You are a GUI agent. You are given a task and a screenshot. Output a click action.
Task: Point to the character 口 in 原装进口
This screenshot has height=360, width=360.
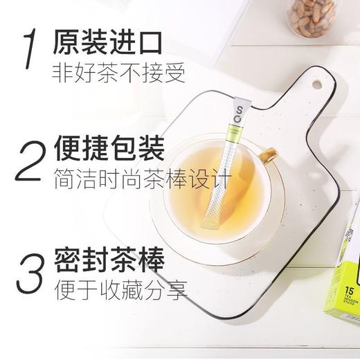point(150,42)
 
